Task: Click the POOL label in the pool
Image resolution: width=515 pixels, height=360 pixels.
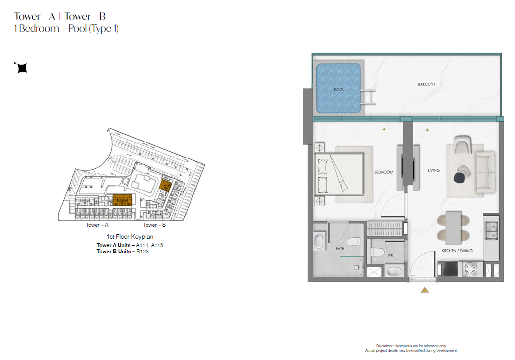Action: pyautogui.click(x=339, y=90)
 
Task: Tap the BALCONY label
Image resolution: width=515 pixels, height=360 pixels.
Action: pyautogui.click(x=426, y=85)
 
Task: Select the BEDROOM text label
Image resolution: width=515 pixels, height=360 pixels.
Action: pyautogui.click(x=384, y=172)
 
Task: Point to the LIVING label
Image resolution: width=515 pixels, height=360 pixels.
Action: pyautogui.click(x=434, y=170)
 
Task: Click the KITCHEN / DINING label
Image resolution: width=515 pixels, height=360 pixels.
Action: pyautogui.click(x=457, y=251)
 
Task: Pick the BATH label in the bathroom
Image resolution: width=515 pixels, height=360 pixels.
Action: pyautogui.click(x=340, y=249)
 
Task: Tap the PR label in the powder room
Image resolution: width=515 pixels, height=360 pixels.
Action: pyautogui.click(x=391, y=255)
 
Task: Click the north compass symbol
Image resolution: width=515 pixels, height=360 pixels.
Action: pyautogui.click(x=22, y=68)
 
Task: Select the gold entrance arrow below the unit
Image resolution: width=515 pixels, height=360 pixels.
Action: pyautogui.click(x=425, y=290)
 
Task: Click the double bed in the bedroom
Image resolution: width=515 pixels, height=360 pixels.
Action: pyautogui.click(x=339, y=174)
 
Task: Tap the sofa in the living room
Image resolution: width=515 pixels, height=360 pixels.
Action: pyautogui.click(x=486, y=172)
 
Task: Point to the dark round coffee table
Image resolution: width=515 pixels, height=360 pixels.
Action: pyautogui.click(x=458, y=178)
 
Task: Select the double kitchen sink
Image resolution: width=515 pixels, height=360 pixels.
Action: pyautogui.click(x=492, y=231)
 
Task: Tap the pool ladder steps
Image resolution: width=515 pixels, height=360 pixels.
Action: pyautogui.click(x=368, y=97)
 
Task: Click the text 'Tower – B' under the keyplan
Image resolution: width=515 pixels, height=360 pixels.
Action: pyautogui.click(x=155, y=225)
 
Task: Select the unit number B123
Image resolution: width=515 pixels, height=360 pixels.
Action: pyautogui.click(x=143, y=252)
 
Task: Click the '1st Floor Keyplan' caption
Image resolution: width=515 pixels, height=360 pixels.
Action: pyautogui.click(x=130, y=236)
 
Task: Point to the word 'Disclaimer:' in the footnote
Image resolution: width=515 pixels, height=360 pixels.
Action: pyautogui.click(x=385, y=346)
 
